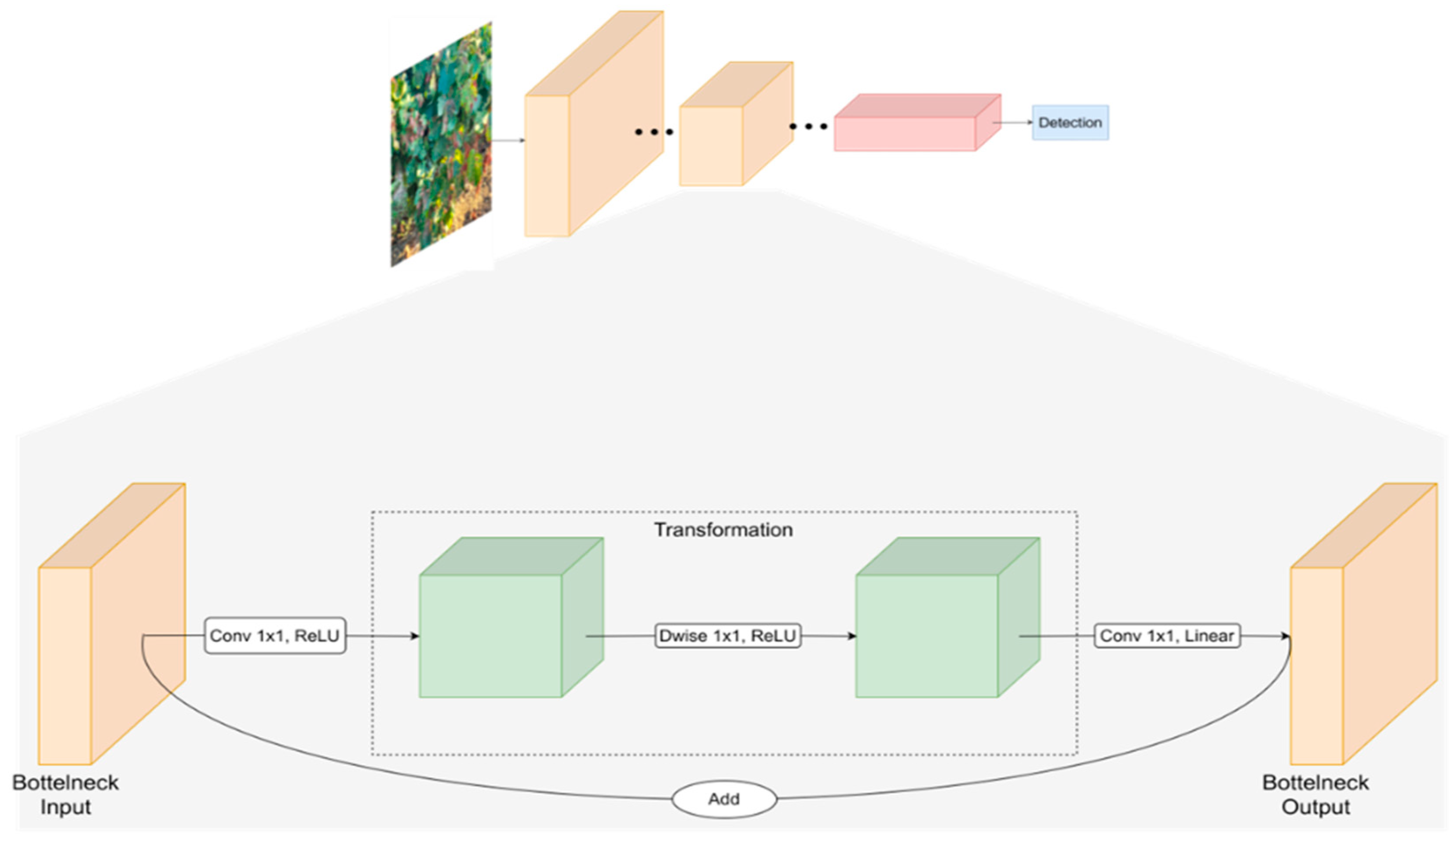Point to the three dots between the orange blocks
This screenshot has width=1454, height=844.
coord(654,132)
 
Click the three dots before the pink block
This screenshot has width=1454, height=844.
coord(808,126)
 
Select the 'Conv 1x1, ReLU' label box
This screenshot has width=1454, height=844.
coord(274,636)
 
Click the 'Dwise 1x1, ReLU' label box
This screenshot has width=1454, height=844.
coord(727,636)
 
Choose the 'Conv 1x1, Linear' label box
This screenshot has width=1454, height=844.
coord(1167,636)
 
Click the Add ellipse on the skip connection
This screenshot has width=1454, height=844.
coord(724,799)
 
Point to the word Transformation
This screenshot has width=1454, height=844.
coord(723,530)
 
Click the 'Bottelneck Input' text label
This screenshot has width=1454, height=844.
coord(65,794)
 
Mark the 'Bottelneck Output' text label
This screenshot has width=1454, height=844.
coord(1315,794)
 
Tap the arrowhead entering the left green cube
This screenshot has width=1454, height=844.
coord(415,636)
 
